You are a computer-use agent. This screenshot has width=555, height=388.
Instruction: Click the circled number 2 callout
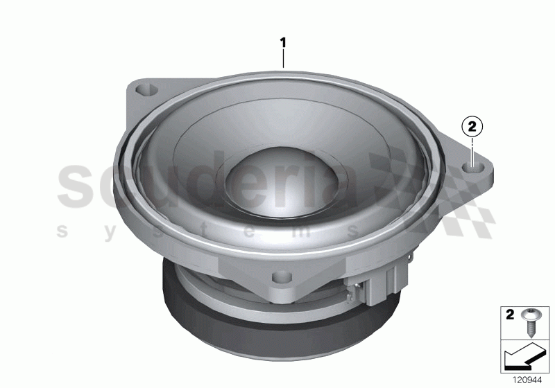coord(472,126)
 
